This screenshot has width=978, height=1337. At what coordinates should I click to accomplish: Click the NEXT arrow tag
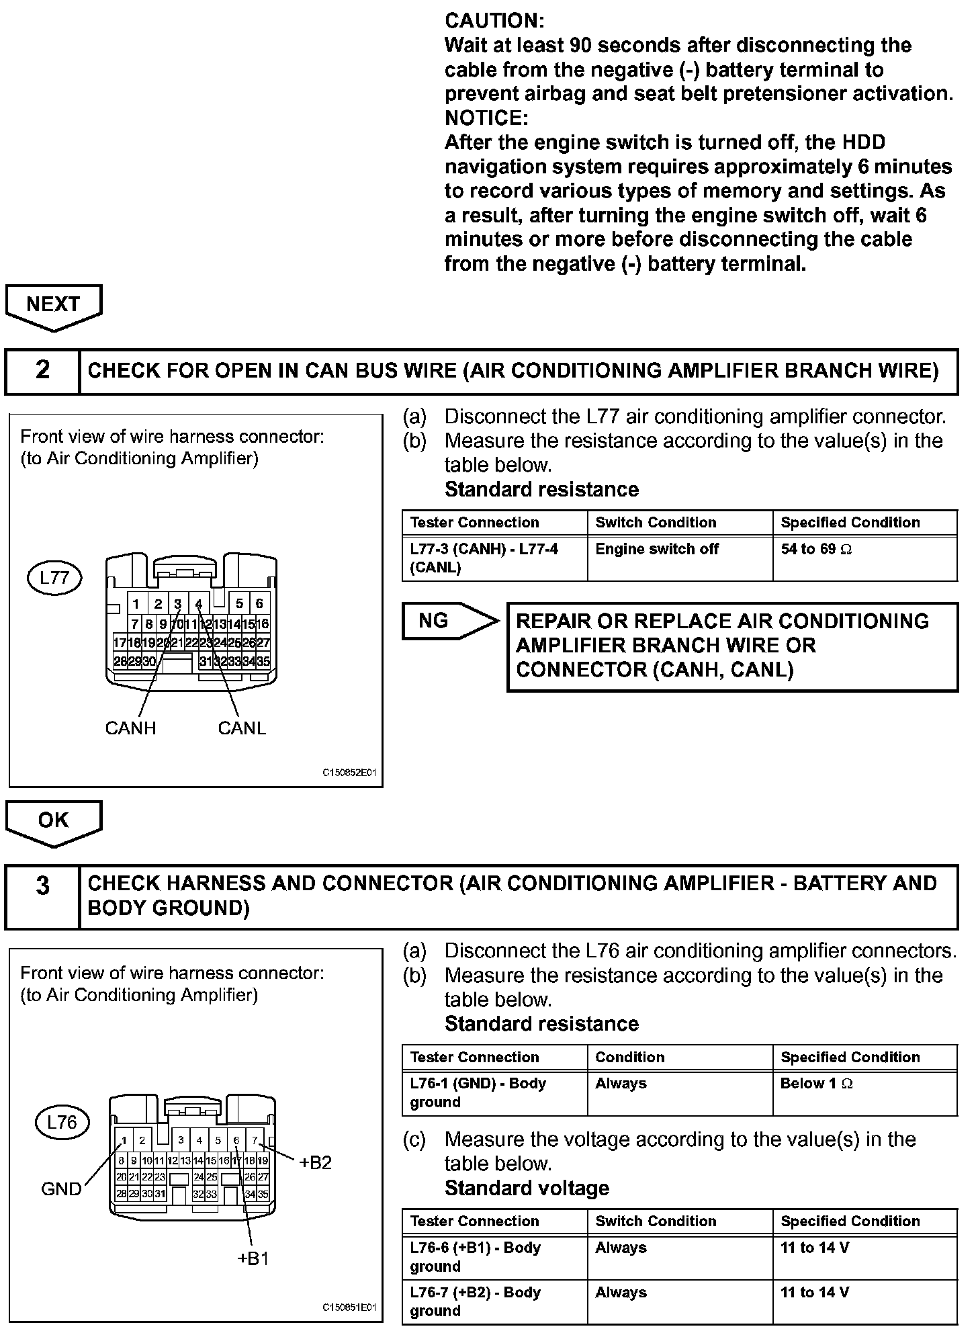point(53,306)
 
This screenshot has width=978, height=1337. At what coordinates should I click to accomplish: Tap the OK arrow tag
point(53,821)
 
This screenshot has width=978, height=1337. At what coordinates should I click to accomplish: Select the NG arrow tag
point(443,621)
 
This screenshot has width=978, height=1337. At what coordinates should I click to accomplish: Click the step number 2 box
point(42,370)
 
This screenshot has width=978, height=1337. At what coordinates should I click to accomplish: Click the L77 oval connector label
point(54,578)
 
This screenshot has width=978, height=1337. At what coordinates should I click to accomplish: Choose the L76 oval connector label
point(62,1123)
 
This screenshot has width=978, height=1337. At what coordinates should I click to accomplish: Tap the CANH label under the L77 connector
point(130,728)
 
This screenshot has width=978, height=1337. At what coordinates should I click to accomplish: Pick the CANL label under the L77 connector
point(242,728)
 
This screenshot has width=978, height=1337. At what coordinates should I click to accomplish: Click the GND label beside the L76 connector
point(61,1189)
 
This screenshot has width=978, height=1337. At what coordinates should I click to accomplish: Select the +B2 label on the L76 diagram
point(315,1163)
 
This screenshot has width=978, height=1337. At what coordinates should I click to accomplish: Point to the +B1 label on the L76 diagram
point(253,1259)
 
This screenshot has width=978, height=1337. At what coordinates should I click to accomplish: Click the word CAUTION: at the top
point(494,21)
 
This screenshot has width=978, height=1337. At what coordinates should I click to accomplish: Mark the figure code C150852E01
point(349,773)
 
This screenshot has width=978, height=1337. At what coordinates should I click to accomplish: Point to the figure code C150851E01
point(349,1307)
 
